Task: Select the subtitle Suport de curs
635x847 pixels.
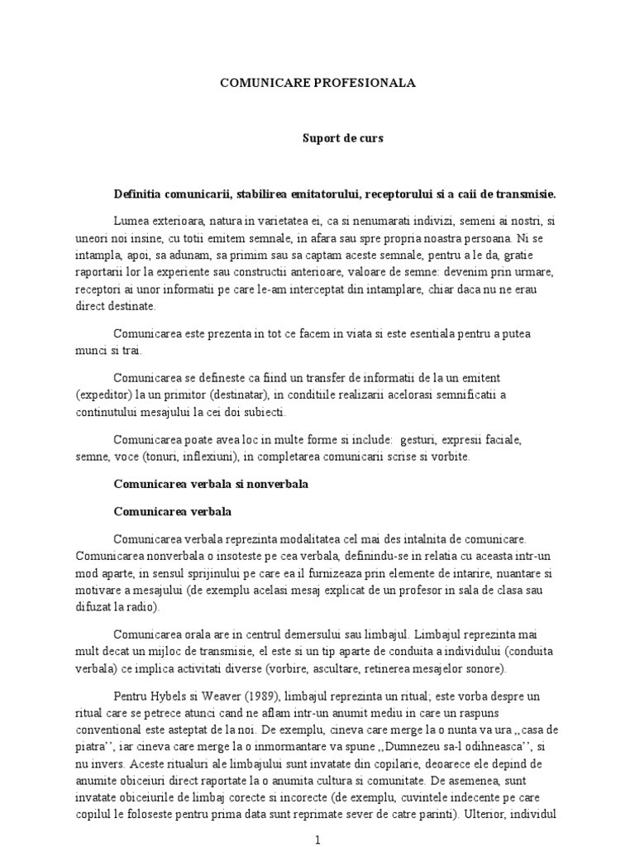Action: (341, 139)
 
